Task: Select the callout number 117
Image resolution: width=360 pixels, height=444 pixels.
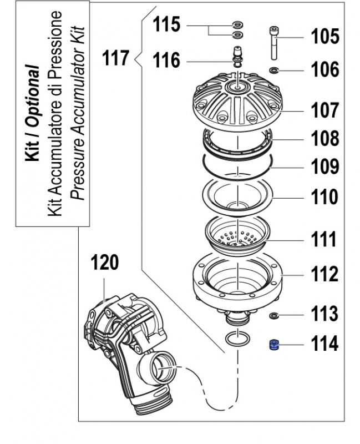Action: (x=116, y=57)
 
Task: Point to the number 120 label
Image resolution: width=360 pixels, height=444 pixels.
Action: (x=105, y=263)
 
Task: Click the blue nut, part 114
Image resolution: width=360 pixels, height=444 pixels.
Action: (x=273, y=345)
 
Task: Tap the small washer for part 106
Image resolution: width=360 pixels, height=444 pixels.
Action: (x=274, y=70)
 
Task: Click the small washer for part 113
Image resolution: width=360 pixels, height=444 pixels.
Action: (x=273, y=316)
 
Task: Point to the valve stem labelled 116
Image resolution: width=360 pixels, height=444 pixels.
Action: (x=238, y=58)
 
